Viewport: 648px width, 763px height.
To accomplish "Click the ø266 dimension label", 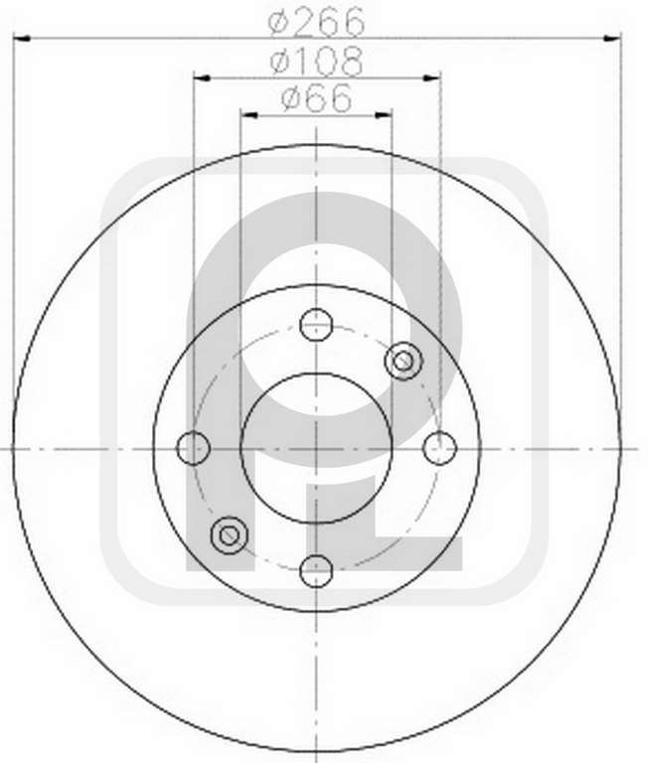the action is click(x=316, y=22).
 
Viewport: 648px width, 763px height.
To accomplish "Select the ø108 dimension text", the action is click(x=317, y=62).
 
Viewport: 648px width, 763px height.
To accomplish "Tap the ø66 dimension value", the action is click(x=316, y=97).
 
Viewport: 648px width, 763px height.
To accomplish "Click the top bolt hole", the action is click(x=316, y=324).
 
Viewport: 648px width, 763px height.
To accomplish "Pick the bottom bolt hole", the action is click(x=316, y=570).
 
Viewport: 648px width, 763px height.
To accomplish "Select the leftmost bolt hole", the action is click(x=193, y=448).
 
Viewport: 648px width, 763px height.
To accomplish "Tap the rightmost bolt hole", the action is click(x=439, y=448).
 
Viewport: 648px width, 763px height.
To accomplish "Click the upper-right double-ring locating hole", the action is click(x=404, y=361).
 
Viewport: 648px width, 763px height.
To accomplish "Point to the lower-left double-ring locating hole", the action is click(x=230, y=535).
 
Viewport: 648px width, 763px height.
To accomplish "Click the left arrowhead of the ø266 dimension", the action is click(x=22, y=38).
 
